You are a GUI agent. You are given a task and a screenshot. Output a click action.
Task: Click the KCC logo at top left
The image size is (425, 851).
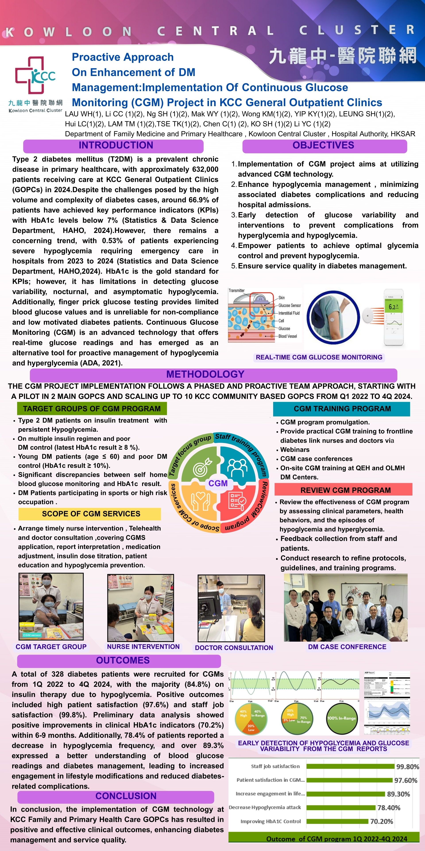coord(35,76)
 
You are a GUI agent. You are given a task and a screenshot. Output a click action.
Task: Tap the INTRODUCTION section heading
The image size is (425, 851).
coord(116,145)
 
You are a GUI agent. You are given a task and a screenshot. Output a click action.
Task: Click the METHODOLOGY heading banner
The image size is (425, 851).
coord(205,374)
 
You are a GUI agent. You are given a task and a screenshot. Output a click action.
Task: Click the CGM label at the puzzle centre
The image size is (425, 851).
coord(218,483)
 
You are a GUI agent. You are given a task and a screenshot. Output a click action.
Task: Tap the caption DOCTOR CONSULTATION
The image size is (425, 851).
coord(234,648)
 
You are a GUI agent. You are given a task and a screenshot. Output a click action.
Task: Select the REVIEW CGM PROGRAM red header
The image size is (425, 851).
coord(345,490)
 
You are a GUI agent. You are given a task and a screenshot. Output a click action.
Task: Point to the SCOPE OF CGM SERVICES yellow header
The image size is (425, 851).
coord(91,514)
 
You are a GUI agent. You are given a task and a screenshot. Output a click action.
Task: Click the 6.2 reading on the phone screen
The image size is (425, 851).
coord(392,307)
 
